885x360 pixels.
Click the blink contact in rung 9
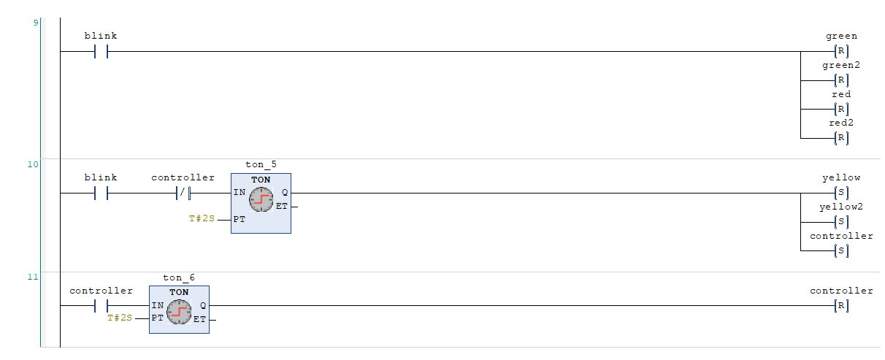pos(101,52)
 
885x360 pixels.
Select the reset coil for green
pos(841,52)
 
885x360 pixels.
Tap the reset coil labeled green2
pos(841,80)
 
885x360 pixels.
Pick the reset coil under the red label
pos(841,110)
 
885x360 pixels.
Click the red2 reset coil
pos(841,138)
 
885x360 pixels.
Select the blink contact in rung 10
pos(101,194)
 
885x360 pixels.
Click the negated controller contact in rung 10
pos(183,194)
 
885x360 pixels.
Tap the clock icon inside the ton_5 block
pos(261,199)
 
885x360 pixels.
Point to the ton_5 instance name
pos(261,165)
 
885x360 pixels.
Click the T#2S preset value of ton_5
pos(202,219)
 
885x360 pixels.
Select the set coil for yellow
pos(841,194)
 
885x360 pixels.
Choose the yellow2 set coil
pos(841,222)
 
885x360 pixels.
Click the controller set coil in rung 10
pos(841,251)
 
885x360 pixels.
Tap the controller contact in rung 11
pos(101,306)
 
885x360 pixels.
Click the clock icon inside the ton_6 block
pos(179,312)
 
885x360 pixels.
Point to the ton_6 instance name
pos(179,277)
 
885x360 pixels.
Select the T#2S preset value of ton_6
pos(120,318)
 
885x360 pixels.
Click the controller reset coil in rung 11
pos(841,306)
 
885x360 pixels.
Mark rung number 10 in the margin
pos(32,164)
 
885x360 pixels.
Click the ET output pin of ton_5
pos(281,207)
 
